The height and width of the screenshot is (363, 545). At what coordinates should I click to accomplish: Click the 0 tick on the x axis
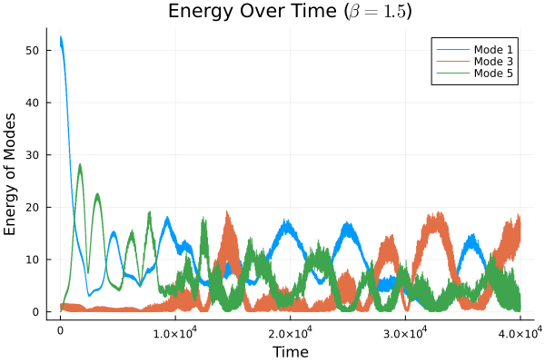(60, 334)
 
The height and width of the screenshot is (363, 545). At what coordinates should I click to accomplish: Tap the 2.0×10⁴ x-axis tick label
(290, 333)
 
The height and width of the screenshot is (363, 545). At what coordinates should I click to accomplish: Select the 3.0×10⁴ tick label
(405, 333)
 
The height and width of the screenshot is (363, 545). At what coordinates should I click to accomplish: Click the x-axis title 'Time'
(290, 351)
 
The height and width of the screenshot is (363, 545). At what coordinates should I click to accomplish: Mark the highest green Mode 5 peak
(80, 165)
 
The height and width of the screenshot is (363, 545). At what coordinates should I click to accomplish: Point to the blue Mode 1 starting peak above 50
(61, 38)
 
